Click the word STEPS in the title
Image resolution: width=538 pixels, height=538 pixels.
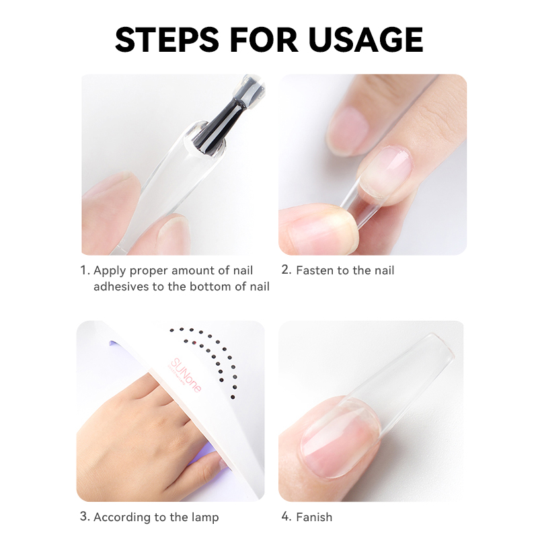[x=167, y=40]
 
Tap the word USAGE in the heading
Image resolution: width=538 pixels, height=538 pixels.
[x=366, y=40]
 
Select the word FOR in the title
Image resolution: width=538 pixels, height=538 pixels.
[x=264, y=40]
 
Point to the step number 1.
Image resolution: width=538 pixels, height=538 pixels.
[x=85, y=270]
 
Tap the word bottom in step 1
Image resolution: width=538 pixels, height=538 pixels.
[x=210, y=286]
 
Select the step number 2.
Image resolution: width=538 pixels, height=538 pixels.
[x=286, y=270]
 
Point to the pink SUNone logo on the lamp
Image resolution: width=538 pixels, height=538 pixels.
[x=186, y=375]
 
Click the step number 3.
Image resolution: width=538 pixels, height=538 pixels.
[x=85, y=516]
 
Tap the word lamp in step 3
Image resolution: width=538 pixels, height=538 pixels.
[x=205, y=517]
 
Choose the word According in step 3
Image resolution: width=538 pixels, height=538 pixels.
[x=118, y=517]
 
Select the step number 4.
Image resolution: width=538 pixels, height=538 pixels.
[x=286, y=516]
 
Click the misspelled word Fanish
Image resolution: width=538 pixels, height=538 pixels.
[x=314, y=516]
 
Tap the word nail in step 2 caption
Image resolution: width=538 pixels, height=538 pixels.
[x=384, y=270]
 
